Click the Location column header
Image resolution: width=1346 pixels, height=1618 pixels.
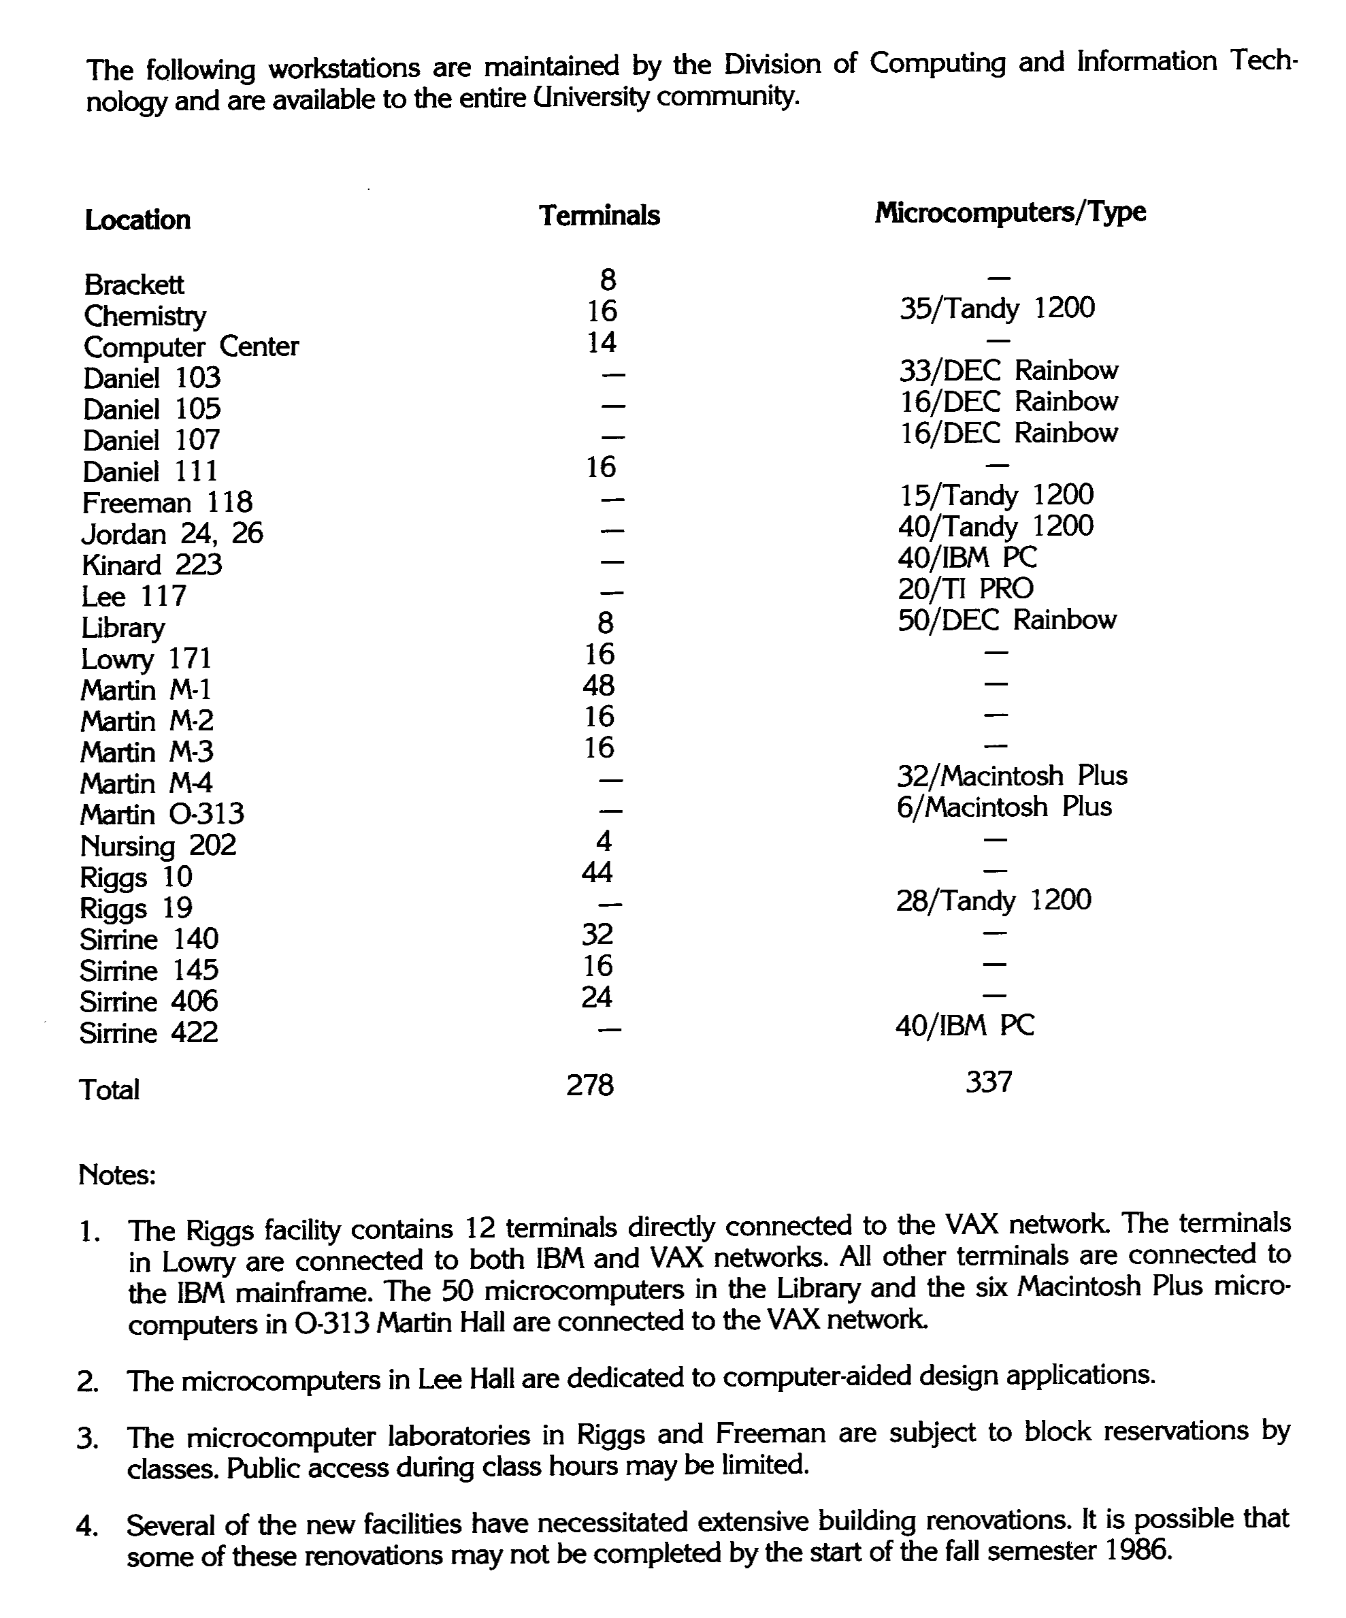click(x=137, y=221)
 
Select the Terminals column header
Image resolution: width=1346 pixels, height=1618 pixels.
click(x=599, y=216)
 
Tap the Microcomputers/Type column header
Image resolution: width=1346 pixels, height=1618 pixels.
click(x=1010, y=212)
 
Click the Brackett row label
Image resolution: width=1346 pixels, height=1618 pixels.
click(x=133, y=285)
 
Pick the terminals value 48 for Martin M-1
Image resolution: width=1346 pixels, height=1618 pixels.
click(x=599, y=685)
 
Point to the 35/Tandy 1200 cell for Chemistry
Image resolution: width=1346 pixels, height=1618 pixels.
click(x=996, y=309)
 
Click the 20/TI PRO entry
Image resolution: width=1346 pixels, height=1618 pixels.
click(x=965, y=589)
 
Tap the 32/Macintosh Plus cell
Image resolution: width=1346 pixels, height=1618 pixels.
click(x=1012, y=775)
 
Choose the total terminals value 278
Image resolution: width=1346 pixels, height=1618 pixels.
click(x=589, y=1085)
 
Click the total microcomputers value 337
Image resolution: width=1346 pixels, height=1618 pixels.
click(x=988, y=1082)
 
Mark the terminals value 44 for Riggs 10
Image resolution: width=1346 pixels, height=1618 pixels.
click(x=597, y=872)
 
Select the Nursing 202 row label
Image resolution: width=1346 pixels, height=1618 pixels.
click(x=157, y=846)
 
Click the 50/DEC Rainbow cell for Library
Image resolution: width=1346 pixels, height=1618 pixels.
click(x=1006, y=620)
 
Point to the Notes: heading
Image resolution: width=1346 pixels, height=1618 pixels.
click(x=117, y=1175)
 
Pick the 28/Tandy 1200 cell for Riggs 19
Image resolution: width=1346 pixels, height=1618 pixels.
click(x=993, y=900)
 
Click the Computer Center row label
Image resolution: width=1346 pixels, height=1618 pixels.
click(x=191, y=347)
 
